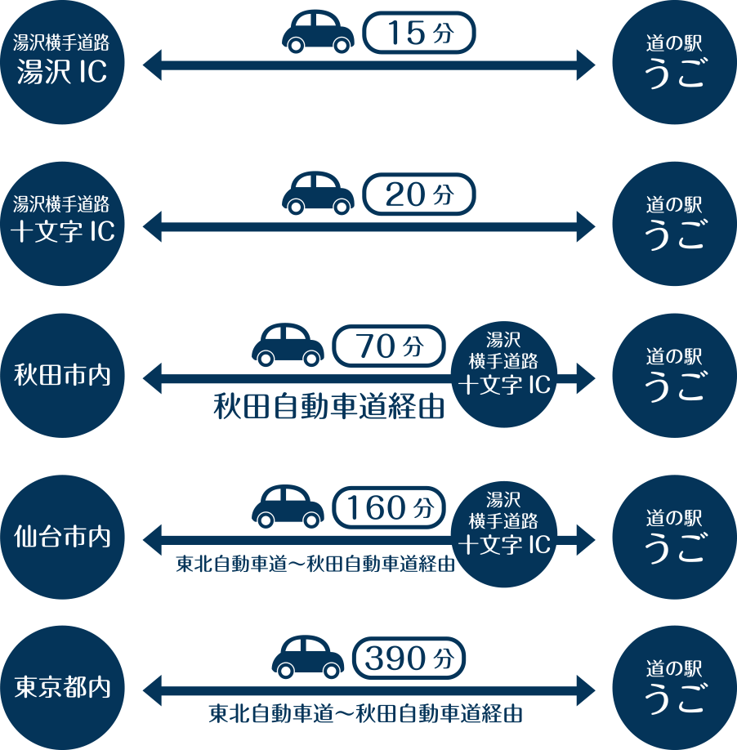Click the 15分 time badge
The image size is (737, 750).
[x=418, y=33]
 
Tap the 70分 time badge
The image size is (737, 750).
[x=389, y=346]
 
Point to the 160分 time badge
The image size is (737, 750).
[x=389, y=507]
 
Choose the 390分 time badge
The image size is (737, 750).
[x=409, y=658]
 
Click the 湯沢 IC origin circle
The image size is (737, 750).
[x=62, y=63]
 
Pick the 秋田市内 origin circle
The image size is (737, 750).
[x=62, y=377]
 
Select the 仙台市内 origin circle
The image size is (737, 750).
[x=62, y=538]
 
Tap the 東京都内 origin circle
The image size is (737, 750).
[x=62, y=688]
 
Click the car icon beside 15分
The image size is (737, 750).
[x=318, y=33]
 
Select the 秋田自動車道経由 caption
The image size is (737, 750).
[x=328, y=407]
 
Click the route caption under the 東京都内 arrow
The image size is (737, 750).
[x=365, y=714]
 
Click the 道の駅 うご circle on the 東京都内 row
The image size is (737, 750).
[x=673, y=688]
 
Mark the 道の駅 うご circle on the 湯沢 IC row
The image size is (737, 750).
[x=673, y=63]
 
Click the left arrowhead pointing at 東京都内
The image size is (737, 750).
[x=153, y=688]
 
